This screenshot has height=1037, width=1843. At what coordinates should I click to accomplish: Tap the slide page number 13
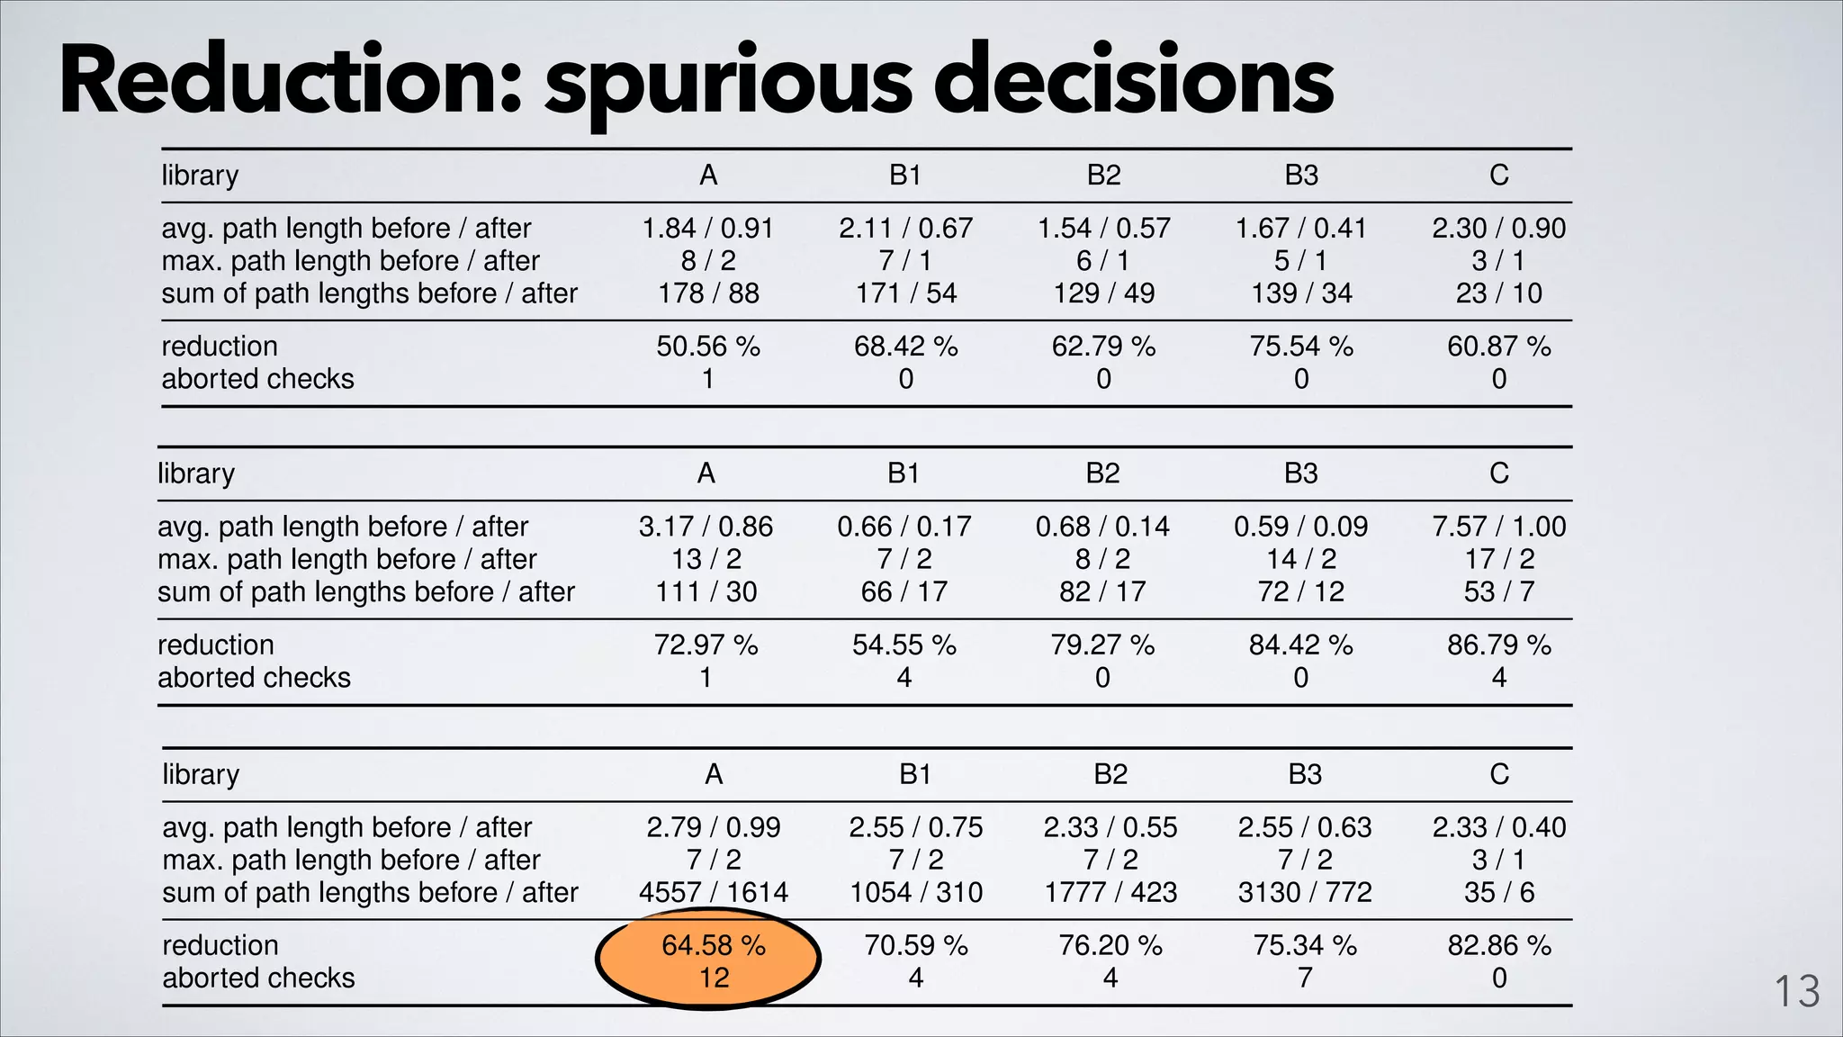(x=1796, y=992)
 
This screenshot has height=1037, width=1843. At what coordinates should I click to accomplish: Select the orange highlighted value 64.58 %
(x=713, y=945)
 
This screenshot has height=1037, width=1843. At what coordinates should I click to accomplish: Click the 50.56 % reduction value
(x=708, y=347)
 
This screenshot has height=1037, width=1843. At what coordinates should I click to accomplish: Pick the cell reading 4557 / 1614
(x=713, y=892)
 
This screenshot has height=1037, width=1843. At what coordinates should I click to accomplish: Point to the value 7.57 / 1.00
(x=1498, y=527)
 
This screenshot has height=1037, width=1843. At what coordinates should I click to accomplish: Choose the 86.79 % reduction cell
(x=1498, y=645)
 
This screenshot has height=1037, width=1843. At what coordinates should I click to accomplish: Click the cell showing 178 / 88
(x=708, y=293)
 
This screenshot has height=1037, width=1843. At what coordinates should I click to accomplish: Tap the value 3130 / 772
(x=1305, y=892)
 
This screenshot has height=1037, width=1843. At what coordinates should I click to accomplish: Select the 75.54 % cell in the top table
(x=1301, y=347)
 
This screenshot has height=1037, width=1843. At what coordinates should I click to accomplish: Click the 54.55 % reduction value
(x=904, y=645)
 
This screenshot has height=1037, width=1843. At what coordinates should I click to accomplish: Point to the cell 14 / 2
(x=1301, y=559)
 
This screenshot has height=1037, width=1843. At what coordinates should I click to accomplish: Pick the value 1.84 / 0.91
(x=708, y=229)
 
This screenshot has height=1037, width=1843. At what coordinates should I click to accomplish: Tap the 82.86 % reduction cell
(x=1499, y=945)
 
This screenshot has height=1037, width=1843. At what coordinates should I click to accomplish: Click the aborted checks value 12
(x=714, y=978)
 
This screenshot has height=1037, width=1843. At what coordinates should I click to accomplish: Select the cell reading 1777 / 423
(x=1110, y=892)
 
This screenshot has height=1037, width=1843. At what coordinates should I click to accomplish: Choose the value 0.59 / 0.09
(x=1301, y=527)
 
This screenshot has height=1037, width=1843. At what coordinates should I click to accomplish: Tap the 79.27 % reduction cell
(x=1102, y=645)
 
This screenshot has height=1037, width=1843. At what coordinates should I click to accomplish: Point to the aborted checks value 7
(x=1305, y=978)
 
